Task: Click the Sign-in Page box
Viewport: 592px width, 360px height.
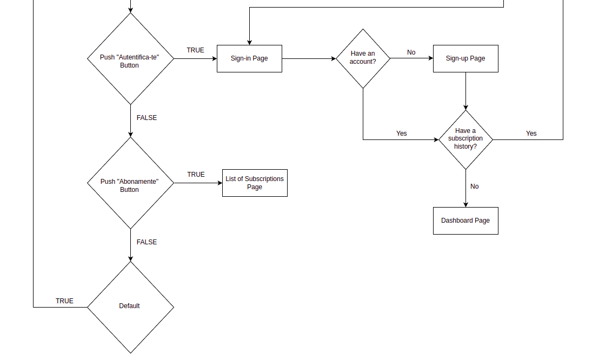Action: [249, 58]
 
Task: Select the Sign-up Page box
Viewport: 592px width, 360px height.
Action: [465, 58]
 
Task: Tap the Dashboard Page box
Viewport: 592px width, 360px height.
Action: [465, 221]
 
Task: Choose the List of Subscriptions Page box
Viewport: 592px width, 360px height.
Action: [255, 183]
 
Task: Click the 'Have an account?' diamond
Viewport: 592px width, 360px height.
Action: [363, 58]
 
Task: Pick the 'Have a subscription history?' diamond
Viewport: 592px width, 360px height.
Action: [465, 139]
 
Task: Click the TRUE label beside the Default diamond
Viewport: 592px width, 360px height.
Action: [64, 301]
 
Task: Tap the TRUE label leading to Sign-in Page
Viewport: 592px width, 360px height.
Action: [196, 50]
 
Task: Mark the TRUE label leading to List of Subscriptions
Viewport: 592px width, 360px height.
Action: [196, 175]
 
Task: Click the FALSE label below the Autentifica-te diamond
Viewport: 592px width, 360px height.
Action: [147, 118]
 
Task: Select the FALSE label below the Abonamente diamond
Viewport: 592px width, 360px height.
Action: [147, 242]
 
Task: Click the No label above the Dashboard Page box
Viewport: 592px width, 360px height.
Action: [475, 186]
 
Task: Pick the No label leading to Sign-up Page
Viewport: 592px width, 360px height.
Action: [411, 52]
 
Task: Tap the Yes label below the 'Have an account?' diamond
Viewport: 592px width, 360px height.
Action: [402, 134]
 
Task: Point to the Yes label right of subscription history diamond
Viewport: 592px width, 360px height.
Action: [531, 134]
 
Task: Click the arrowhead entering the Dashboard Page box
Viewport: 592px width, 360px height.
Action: [465, 204]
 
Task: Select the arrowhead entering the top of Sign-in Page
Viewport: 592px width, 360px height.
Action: [249, 42]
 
